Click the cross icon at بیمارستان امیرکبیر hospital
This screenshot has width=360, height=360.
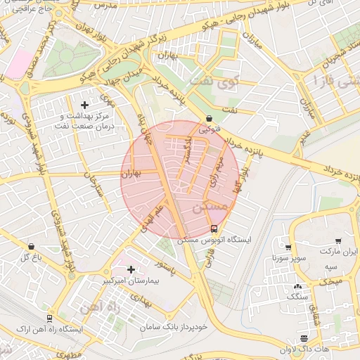click(131, 269)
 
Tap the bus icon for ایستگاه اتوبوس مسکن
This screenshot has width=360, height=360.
click(214, 229)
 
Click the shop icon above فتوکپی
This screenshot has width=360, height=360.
click(209, 119)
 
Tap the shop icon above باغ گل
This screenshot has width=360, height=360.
click(31, 247)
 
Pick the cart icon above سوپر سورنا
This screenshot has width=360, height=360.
click(288, 247)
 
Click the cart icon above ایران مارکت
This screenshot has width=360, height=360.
click(340, 240)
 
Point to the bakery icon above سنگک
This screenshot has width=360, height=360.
click(297, 286)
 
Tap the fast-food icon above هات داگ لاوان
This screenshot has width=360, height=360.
click(304, 338)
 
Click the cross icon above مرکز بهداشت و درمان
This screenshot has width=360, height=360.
click(85, 105)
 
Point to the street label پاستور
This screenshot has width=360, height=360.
click(169, 267)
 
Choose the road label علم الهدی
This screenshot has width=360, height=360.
click(155, 218)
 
